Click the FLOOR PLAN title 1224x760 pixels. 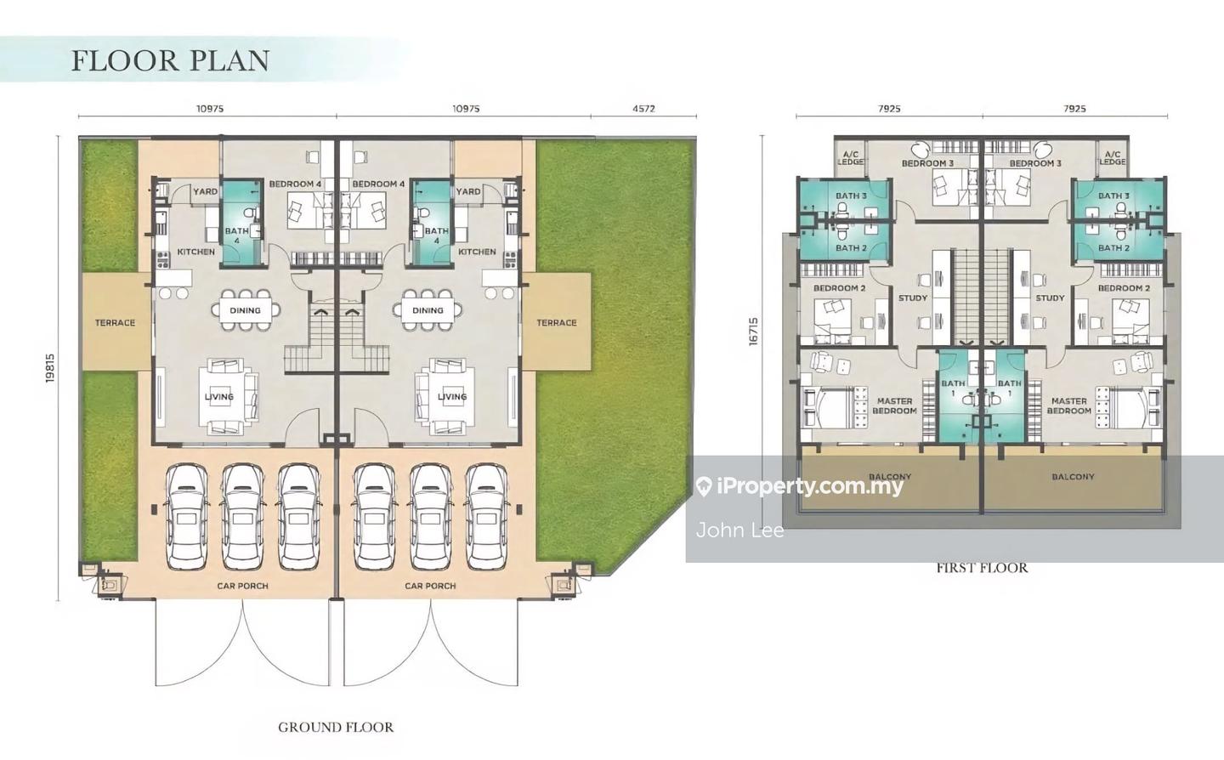tap(171, 60)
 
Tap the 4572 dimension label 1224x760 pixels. tap(643, 109)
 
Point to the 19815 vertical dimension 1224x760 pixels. tap(50, 368)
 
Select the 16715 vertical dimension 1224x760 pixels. tap(754, 332)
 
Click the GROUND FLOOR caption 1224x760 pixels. tap(336, 727)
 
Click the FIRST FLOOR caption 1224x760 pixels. tap(982, 568)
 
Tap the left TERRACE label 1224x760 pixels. tap(115, 323)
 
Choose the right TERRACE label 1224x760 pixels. tap(556, 323)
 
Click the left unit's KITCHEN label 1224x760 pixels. tap(196, 252)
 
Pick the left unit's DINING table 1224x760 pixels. tap(246, 310)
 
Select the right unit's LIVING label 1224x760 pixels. tap(452, 397)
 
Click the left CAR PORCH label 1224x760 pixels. tap(242, 586)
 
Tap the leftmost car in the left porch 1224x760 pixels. tap(187, 518)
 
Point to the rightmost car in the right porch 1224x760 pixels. tap(486, 518)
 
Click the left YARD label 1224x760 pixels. tap(205, 192)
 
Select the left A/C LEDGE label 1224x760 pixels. tap(850, 158)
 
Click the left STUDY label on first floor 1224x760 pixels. tap(913, 298)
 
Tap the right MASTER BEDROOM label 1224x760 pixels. tap(1068, 406)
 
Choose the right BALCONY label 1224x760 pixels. tap(1074, 477)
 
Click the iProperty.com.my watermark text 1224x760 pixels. tap(810, 485)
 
